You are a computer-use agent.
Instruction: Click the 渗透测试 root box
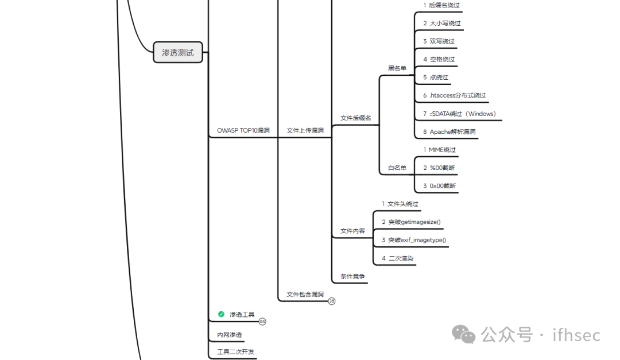click(178, 52)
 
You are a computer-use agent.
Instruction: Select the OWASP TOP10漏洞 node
click(243, 130)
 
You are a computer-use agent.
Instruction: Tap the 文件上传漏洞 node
click(305, 130)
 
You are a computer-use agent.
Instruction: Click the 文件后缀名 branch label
click(355, 118)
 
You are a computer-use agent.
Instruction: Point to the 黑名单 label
click(397, 68)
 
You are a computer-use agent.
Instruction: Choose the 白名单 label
click(397, 168)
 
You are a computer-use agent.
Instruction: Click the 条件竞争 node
click(352, 276)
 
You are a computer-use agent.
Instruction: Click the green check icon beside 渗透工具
click(221, 314)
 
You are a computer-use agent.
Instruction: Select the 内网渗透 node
click(229, 335)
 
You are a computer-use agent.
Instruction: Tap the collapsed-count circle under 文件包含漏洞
click(332, 301)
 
